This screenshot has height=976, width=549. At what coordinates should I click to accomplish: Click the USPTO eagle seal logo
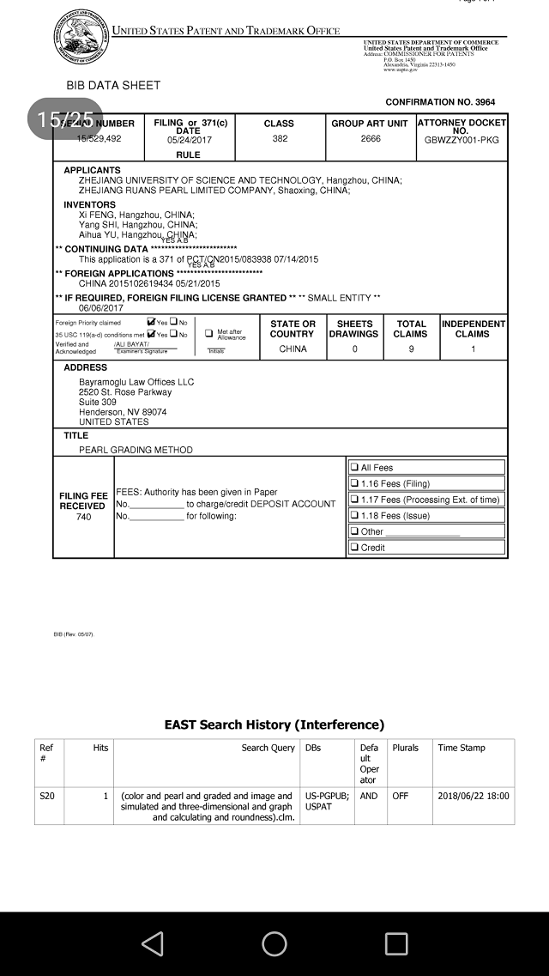(x=81, y=37)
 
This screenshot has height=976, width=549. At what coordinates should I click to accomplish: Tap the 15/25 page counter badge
(x=66, y=119)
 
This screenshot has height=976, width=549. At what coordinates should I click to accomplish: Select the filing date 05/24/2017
(x=190, y=139)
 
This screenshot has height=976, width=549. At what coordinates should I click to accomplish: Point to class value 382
(x=280, y=138)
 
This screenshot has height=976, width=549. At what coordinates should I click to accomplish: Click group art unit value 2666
(x=370, y=138)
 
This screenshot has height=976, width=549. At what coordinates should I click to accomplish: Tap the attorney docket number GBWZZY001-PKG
(x=462, y=139)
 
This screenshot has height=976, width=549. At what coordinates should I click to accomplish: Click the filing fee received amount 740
(x=83, y=517)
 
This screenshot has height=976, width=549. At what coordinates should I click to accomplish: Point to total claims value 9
(x=410, y=349)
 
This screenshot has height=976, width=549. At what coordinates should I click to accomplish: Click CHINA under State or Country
(x=293, y=349)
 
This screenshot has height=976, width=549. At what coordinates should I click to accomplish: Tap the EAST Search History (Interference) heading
(x=274, y=725)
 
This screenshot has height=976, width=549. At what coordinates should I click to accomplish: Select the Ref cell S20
(x=47, y=796)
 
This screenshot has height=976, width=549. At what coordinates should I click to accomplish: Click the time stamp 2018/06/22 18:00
(x=474, y=796)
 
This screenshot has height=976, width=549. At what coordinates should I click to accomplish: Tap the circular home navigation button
(x=274, y=944)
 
